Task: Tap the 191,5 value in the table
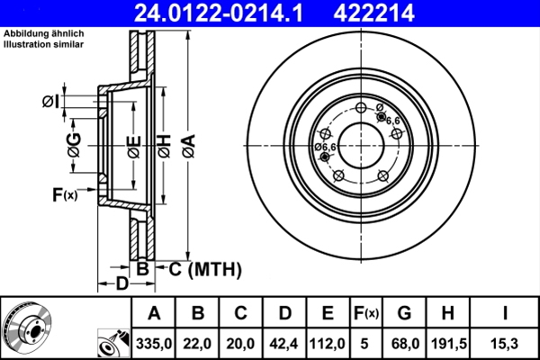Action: (x=452, y=342)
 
